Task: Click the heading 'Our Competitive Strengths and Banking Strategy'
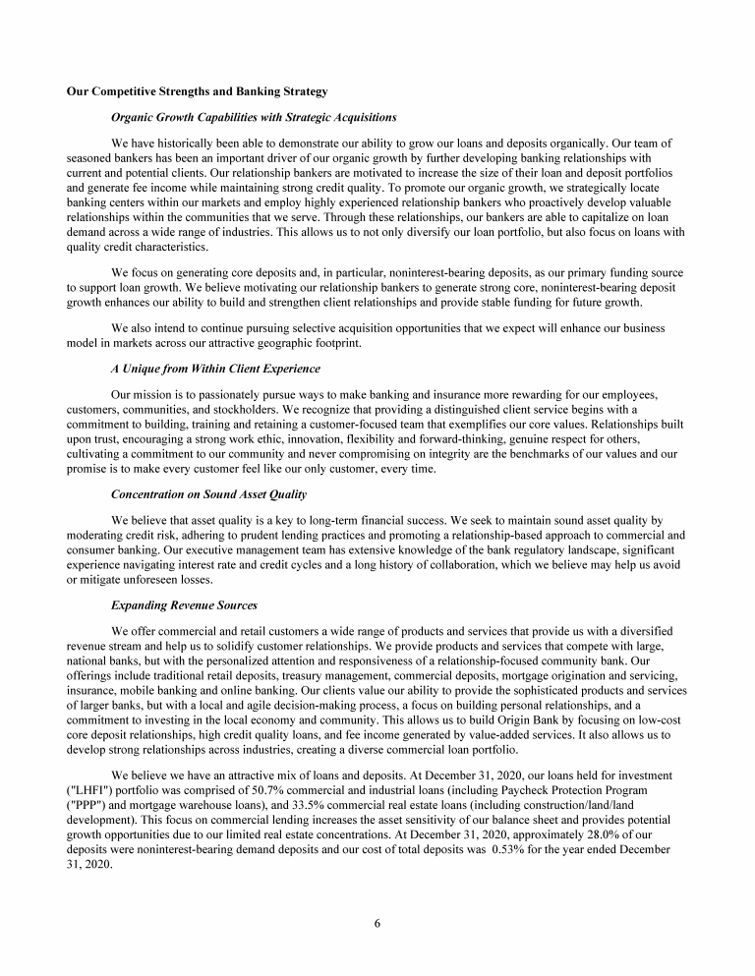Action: tap(197, 93)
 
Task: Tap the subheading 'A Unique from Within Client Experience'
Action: tap(215, 369)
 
